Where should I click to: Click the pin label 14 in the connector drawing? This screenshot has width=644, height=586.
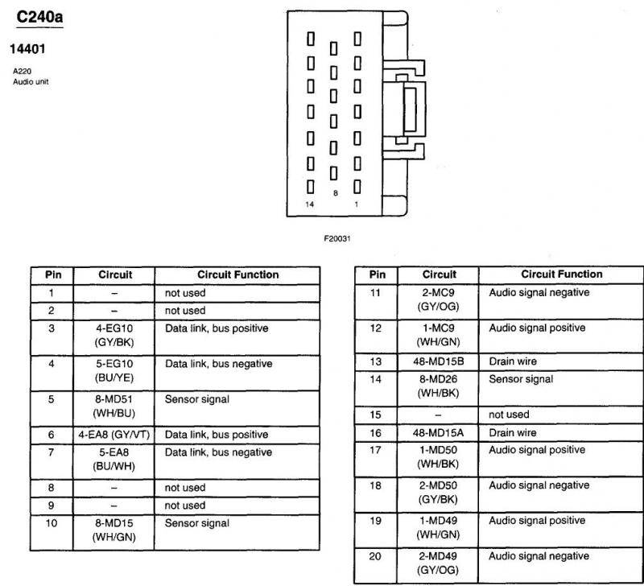tap(310, 205)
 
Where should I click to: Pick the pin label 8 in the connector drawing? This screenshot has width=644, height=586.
tap(335, 193)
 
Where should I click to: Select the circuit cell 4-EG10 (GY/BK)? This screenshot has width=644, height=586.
tap(114, 336)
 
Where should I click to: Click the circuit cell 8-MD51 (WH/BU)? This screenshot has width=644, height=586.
tap(114, 406)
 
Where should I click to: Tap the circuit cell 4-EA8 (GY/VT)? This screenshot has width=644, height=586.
tap(114, 435)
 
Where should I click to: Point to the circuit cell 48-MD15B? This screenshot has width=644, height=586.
tap(439, 361)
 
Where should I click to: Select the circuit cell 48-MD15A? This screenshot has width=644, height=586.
tap(439, 432)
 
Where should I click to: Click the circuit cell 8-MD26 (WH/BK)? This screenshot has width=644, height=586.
tap(439, 386)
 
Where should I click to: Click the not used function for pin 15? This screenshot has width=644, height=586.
tap(509, 415)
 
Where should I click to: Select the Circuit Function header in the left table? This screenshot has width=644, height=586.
tap(237, 274)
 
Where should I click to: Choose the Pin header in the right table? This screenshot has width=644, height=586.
tap(377, 274)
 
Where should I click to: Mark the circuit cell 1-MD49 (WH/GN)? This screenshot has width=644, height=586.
tap(439, 527)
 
